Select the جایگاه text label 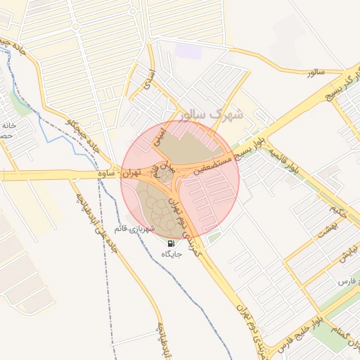[x=172, y=253]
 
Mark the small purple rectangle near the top [x=188, y=51]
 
